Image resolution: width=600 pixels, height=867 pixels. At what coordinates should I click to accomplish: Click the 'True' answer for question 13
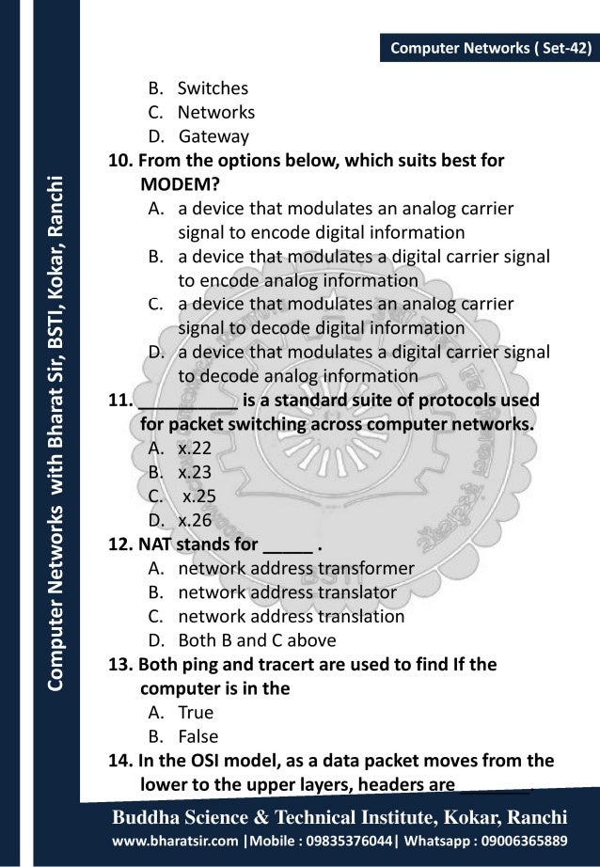(196, 713)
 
